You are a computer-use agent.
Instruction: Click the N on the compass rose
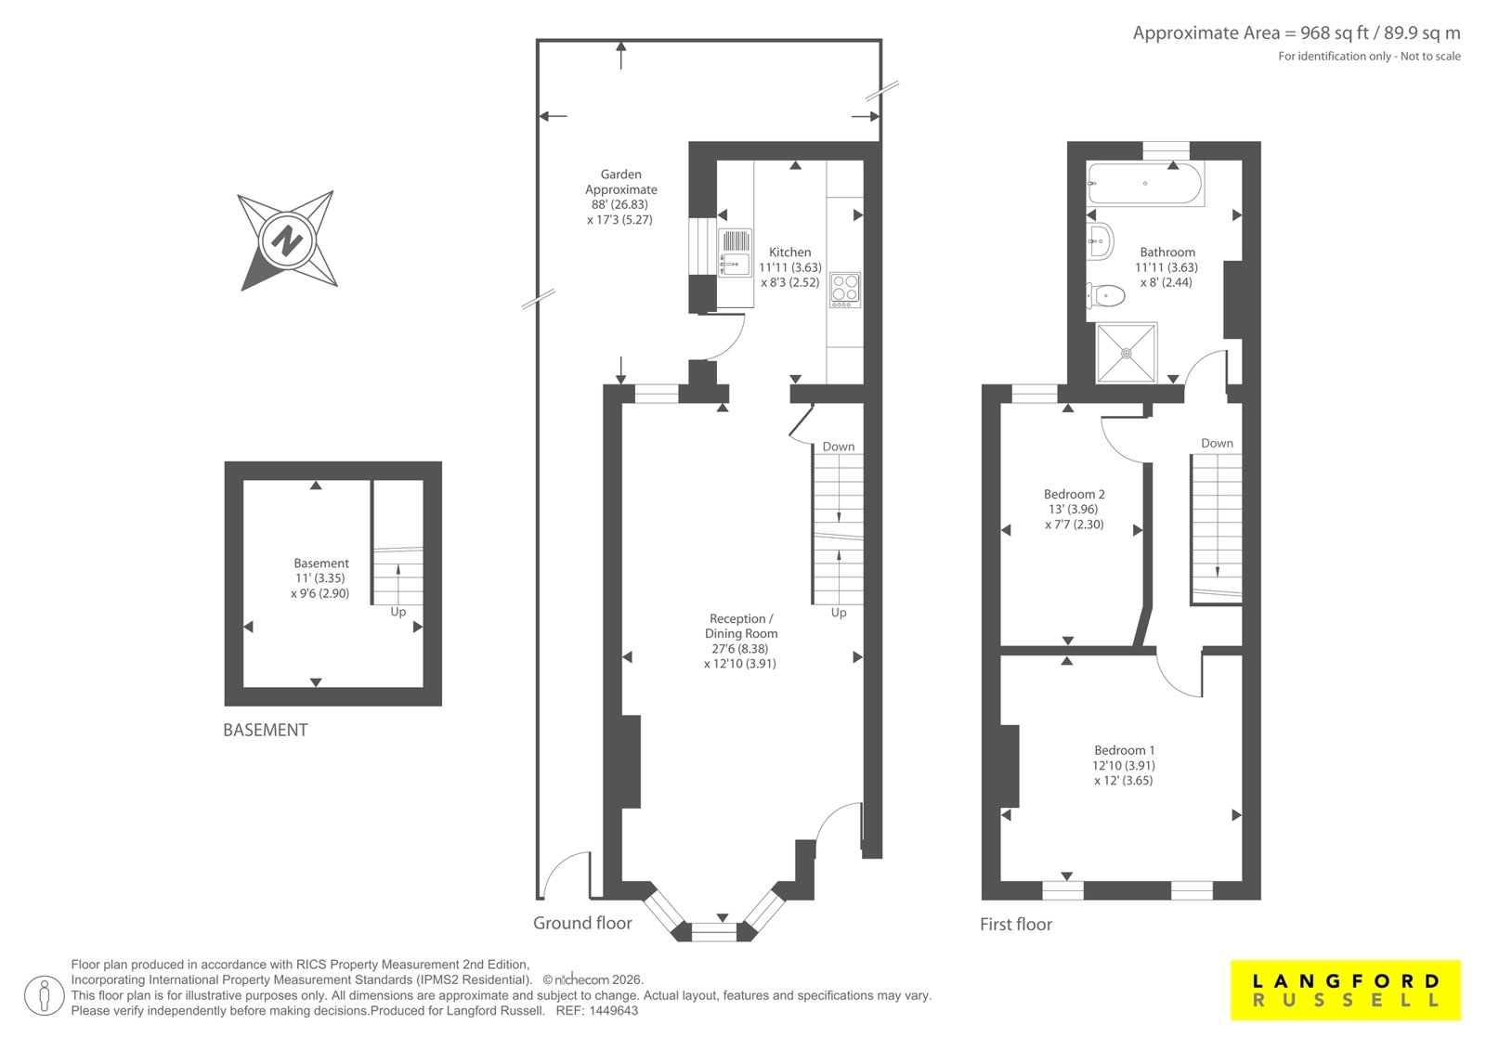coord(288,240)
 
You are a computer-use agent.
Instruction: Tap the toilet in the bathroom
coord(1105,295)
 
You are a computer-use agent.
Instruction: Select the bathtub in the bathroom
coord(1144,184)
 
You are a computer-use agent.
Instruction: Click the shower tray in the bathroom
coord(1127,353)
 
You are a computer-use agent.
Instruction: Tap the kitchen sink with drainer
coord(735,252)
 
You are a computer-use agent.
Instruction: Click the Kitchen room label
coord(789,252)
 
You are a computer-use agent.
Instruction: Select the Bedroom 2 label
coord(1074,494)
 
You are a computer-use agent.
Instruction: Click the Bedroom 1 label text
coord(1125,750)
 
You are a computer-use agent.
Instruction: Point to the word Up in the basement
coord(398,612)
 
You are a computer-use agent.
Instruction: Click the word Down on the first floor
coord(1217,443)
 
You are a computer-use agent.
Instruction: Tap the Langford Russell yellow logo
coord(1346,990)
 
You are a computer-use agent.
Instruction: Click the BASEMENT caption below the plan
coord(266,731)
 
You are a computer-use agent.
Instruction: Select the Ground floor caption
coord(582,923)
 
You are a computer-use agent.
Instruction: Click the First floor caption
coord(1016,924)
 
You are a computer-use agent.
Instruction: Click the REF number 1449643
coord(615,1011)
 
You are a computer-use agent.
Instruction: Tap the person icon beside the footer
coord(45,995)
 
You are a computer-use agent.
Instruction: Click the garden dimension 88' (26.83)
coord(619,204)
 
